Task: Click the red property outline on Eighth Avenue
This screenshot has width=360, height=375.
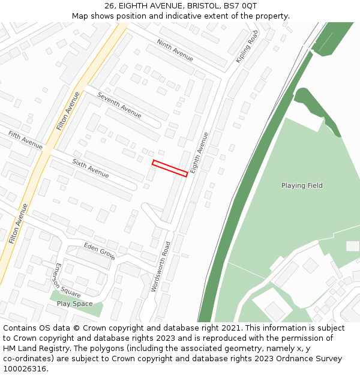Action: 170,168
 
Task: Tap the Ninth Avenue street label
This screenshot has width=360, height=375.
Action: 175,50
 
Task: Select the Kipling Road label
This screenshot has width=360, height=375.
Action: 247,46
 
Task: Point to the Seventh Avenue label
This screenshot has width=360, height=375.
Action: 119,105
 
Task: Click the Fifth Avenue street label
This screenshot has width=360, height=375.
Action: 25,140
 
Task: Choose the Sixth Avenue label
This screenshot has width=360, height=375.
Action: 91,168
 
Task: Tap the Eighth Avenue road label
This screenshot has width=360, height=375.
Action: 199,153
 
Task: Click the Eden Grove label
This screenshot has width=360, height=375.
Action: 100,251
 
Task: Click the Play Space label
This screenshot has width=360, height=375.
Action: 75,304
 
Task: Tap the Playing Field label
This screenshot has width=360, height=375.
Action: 302,185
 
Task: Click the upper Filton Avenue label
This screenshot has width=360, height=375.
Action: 68,111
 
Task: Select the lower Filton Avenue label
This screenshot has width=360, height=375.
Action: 18,223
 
